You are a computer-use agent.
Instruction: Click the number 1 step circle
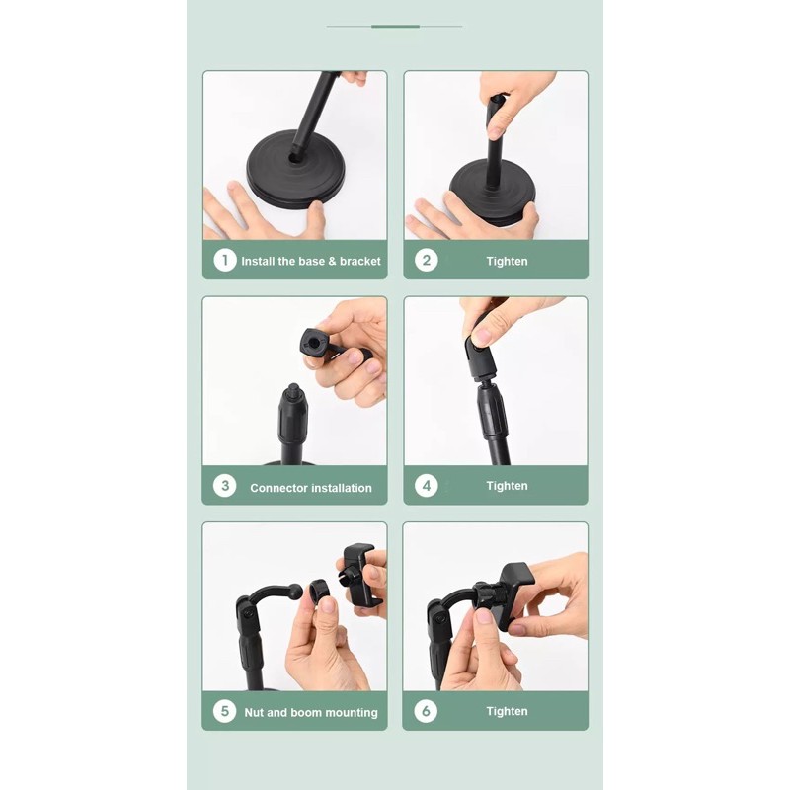pos(225,261)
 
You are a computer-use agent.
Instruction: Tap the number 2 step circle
pos(427,261)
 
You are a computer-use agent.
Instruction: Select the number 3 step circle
pos(225,486)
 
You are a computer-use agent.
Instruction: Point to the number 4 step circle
pos(427,486)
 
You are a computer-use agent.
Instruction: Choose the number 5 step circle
pos(225,711)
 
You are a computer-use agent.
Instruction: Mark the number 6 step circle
pos(426,711)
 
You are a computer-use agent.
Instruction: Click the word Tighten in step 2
pos(507,261)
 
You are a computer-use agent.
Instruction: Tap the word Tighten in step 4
pos(507,486)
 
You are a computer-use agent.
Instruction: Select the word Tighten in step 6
pos(507,711)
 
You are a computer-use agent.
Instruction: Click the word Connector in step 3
pos(278,488)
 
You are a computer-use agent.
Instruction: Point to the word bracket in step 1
pos(360,261)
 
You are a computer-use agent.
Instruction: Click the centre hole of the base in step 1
pos(293,158)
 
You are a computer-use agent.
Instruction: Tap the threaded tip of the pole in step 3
pos(293,390)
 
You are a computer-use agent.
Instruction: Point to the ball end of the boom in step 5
pos(296,591)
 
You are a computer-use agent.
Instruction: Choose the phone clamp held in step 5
pos(359,575)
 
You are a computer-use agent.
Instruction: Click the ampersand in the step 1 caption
pos(332,261)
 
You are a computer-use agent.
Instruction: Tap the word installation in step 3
pos(341,488)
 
